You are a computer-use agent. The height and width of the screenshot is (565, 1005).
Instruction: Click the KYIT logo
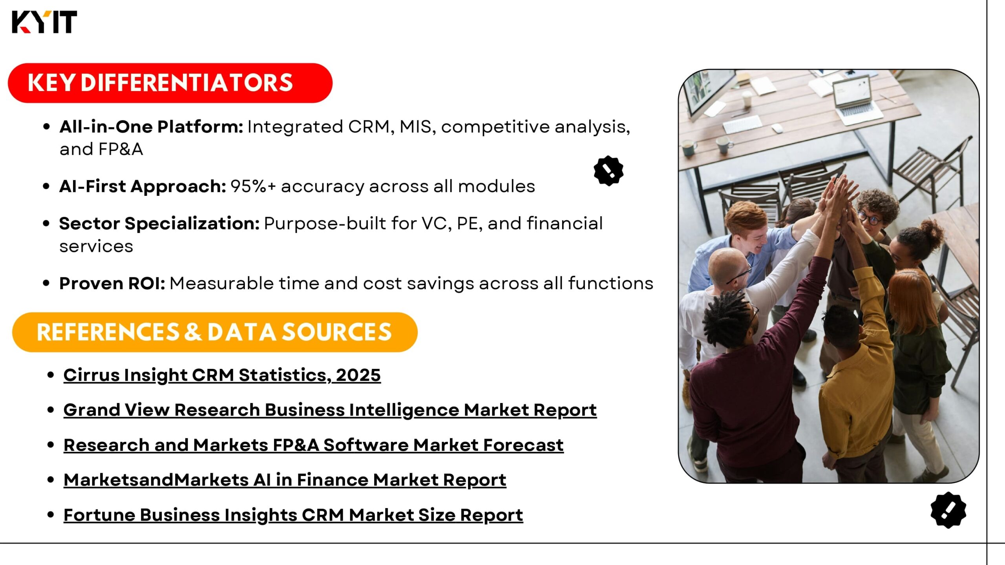[44, 22]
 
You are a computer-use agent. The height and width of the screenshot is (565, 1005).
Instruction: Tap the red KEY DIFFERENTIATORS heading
[170, 83]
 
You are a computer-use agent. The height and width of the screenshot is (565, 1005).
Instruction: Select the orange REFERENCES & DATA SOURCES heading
[215, 332]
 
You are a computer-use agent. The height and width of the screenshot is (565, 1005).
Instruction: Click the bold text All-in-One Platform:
[151, 127]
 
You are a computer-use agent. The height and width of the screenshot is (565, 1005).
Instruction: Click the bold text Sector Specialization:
[159, 224]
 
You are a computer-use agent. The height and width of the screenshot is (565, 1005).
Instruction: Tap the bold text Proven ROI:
[112, 283]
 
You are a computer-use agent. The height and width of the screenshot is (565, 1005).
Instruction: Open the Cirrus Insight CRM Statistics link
[222, 375]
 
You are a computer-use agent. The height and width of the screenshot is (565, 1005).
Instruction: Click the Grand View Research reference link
[330, 410]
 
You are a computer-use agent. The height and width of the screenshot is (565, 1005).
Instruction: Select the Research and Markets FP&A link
[314, 445]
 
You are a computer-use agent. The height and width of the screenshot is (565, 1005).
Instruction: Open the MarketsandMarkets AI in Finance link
[285, 480]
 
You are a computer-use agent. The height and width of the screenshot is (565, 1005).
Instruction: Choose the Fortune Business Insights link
[293, 515]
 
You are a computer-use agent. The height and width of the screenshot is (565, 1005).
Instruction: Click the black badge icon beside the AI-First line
[608, 171]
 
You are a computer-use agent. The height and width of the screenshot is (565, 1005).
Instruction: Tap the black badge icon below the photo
[948, 510]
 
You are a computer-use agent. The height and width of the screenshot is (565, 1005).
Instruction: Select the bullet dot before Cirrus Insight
[50, 375]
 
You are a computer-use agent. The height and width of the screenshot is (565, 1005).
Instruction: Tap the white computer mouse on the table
[777, 128]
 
